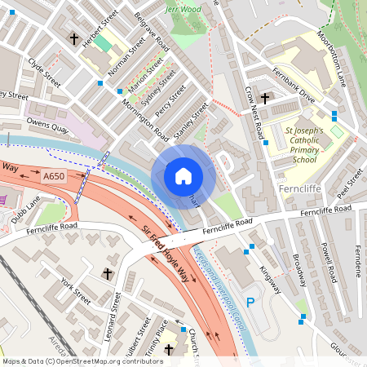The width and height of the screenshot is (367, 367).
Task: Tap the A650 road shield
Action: (x=54, y=175)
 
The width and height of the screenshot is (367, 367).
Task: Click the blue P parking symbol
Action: (x=251, y=302)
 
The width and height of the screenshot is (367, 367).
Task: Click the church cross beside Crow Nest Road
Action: (x=266, y=97)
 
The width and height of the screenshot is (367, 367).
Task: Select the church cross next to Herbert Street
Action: (x=74, y=38)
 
